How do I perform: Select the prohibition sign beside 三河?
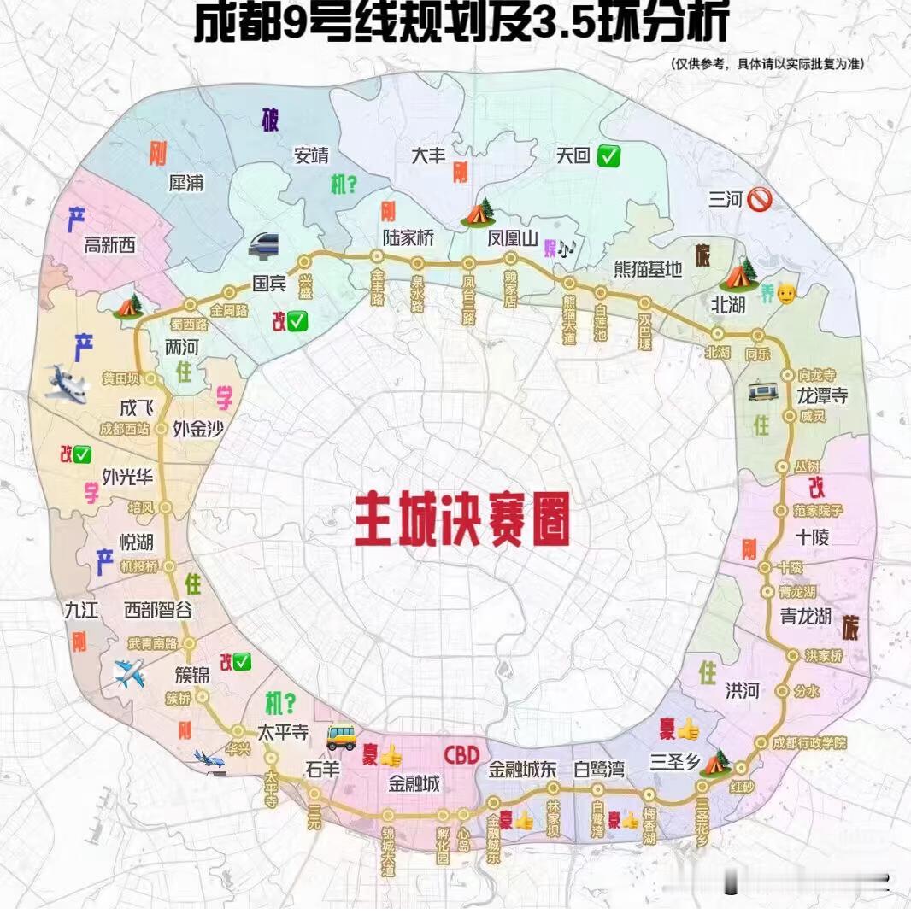click(759, 200)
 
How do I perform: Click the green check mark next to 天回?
click(609, 156)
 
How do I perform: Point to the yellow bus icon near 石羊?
click(341, 735)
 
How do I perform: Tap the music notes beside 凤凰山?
click(567, 248)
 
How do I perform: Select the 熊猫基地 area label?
click(649, 269)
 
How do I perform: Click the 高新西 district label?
click(109, 246)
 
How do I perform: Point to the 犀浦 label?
click(186, 183)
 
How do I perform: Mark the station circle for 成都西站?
click(163, 429)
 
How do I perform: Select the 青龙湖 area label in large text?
click(806, 615)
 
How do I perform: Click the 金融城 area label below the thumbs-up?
click(414, 782)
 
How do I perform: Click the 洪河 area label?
click(742, 691)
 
